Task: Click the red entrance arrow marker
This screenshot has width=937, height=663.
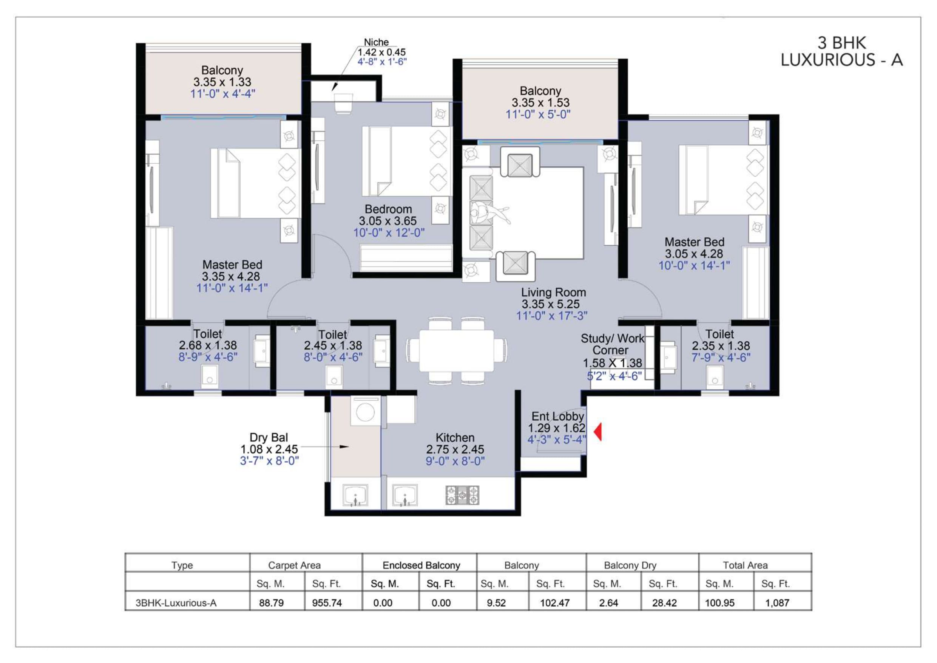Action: pyautogui.click(x=598, y=432)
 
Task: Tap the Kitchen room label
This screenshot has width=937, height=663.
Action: pyautogui.click(x=455, y=437)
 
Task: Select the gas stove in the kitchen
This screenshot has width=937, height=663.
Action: pyautogui.click(x=462, y=495)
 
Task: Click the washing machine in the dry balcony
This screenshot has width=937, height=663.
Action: pyautogui.click(x=366, y=412)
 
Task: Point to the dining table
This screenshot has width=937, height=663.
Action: pyautogui.click(x=456, y=350)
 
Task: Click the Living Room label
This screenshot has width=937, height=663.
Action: pyautogui.click(x=553, y=293)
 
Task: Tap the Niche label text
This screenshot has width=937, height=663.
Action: pyautogui.click(x=376, y=42)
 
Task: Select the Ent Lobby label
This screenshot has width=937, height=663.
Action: pyautogui.click(x=557, y=416)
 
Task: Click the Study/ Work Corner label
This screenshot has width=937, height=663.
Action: pyautogui.click(x=612, y=344)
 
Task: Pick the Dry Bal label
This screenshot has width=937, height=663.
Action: pyautogui.click(x=269, y=437)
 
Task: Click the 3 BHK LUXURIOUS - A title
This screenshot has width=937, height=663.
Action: pyautogui.click(x=841, y=51)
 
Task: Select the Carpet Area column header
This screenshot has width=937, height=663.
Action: pyautogui.click(x=294, y=565)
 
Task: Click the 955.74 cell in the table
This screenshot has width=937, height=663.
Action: pyautogui.click(x=327, y=603)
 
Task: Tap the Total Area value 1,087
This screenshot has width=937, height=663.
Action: pyautogui.click(x=777, y=603)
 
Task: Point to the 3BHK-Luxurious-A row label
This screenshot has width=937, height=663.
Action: pyautogui.click(x=176, y=603)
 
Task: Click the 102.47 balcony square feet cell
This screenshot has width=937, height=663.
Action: pyautogui.click(x=555, y=603)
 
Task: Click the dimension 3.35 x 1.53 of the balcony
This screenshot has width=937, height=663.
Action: pyautogui.click(x=541, y=102)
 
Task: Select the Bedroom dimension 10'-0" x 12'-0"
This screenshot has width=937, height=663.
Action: pyautogui.click(x=389, y=233)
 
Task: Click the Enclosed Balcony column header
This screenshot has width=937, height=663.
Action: pyautogui.click(x=421, y=565)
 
